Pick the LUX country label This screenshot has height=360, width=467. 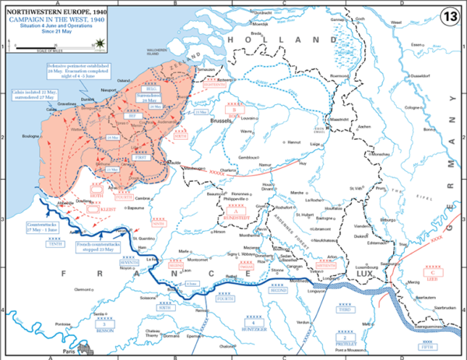coord(364,274)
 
